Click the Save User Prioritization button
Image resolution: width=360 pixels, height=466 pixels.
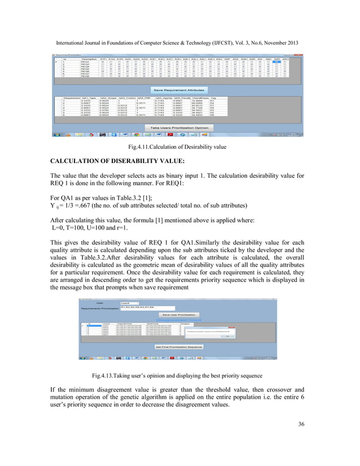tap(178, 314)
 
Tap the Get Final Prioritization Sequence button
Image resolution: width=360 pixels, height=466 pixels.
tap(178, 346)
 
